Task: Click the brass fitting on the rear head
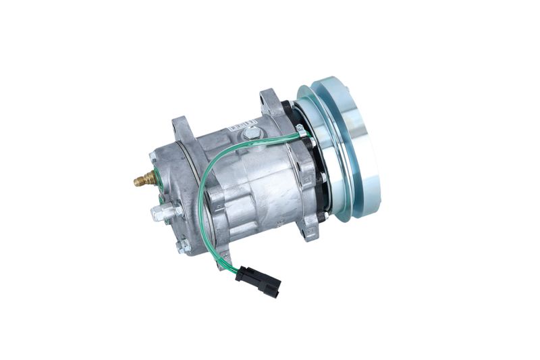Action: coord(142,180)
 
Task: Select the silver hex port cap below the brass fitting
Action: coord(159,214)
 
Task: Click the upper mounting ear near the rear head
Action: coord(183,128)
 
